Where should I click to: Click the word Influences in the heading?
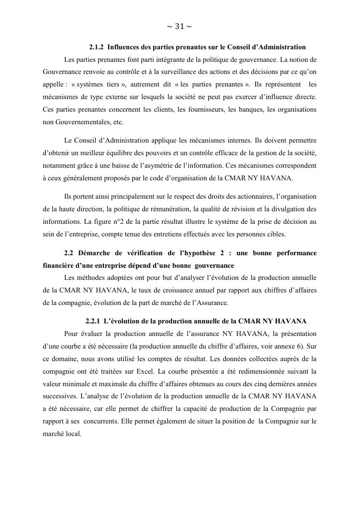coord(122,47)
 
